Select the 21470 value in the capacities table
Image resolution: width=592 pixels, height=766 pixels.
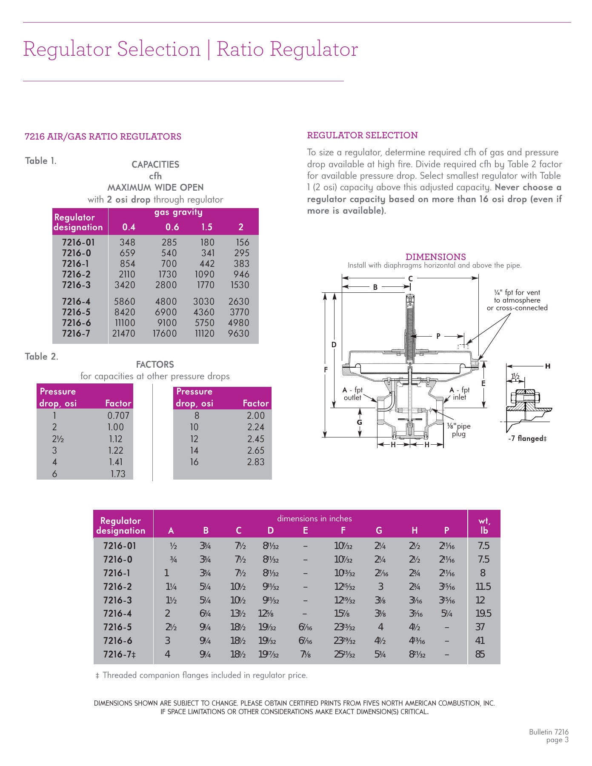click(x=123, y=334)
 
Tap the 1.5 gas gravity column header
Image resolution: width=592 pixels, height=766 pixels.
click(x=207, y=227)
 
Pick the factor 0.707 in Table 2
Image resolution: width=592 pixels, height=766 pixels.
click(x=118, y=416)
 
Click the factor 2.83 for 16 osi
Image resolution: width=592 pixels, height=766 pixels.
click(x=256, y=462)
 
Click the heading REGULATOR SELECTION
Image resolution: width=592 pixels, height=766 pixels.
click(x=362, y=135)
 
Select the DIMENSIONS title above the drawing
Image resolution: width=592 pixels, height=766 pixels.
click(x=435, y=257)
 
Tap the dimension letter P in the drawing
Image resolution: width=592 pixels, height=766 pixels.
click(x=438, y=337)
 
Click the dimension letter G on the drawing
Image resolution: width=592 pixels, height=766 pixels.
click(x=360, y=422)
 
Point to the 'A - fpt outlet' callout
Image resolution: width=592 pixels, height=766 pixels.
click(x=352, y=394)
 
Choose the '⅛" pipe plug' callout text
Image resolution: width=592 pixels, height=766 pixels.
click(x=459, y=430)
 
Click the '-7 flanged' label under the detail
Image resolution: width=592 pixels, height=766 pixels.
click(x=527, y=439)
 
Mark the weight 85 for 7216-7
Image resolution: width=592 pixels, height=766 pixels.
click(x=480, y=654)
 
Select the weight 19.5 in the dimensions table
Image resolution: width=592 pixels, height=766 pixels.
click(x=483, y=613)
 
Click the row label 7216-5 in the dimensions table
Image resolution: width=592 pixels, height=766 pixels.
click(x=117, y=627)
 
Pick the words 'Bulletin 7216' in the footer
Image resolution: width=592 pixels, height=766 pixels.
click(x=549, y=732)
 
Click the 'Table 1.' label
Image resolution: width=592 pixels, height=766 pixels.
click(x=40, y=161)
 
